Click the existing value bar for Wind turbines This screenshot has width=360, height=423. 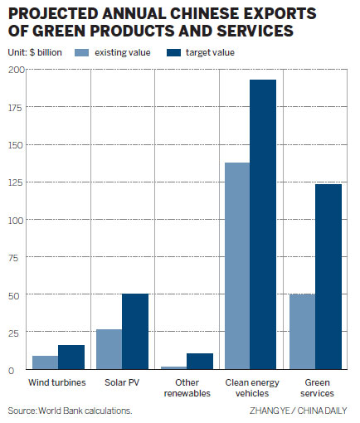coord(45,362)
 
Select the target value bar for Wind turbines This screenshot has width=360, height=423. coord(71,357)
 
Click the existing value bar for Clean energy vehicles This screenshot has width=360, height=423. coord(237,266)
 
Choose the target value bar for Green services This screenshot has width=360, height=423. coord(327,277)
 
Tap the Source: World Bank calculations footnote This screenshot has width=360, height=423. coord(70,411)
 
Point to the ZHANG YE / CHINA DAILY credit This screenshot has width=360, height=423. coord(299,411)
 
